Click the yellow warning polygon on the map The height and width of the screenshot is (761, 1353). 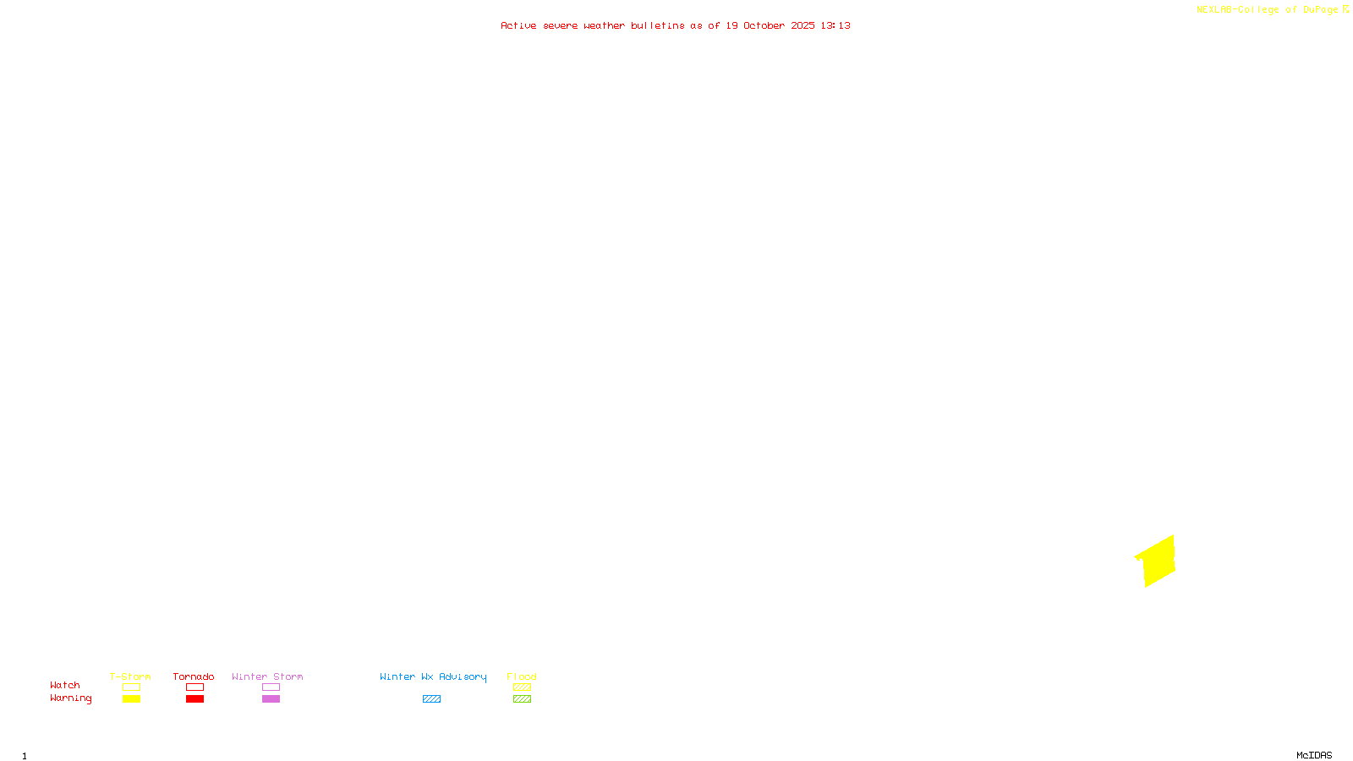tap(1157, 561)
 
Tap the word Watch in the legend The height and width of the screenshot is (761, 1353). tap(65, 685)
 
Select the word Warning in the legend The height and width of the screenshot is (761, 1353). tap(71, 698)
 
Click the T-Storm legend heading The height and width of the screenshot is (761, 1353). tap(130, 676)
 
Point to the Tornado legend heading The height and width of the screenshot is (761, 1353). tap(194, 676)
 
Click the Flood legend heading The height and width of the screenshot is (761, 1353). tap(522, 676)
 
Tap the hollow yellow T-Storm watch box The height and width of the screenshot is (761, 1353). tap(131, 687)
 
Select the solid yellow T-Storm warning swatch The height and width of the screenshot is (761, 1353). tap(131, 699)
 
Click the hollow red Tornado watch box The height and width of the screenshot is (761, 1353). tap(194, 687)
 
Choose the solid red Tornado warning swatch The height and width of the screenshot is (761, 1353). tap(194, 699)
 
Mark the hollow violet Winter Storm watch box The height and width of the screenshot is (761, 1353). tap(271, 687)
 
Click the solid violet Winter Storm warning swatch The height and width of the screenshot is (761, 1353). tap(271, 699)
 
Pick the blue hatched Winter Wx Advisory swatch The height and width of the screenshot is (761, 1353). tap(431, 699)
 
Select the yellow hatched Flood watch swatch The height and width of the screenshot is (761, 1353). tap(522, 687)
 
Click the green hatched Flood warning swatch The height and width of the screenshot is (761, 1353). tap(522, 699)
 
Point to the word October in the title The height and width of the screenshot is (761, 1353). tap(764, 25)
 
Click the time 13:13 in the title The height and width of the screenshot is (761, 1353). tap(835, 25)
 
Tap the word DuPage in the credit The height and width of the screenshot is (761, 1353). tap(1320, 9)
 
